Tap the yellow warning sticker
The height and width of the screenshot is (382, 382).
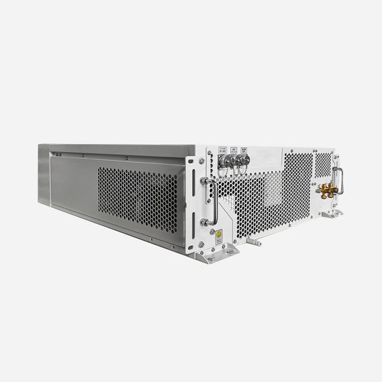pos(219,235)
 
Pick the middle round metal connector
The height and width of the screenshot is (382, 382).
pos(235,160)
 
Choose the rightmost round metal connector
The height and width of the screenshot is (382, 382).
pos(245,159)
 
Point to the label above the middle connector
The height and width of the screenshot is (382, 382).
pos(235,150)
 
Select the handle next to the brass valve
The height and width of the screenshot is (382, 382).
pos(340,180)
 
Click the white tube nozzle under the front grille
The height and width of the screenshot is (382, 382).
pos(254,243)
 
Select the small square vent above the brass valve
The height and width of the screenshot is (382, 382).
pos(323,164)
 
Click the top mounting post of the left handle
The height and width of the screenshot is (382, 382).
pos(204,180)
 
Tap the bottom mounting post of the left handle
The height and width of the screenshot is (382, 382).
pos(205,222)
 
